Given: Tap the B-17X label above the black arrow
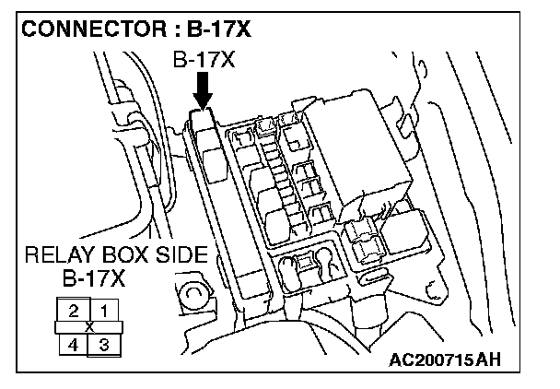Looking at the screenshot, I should (x=204, y=62).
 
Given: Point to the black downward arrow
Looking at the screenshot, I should (x=204, y=89).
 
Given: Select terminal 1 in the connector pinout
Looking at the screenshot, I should (x=105, y=311).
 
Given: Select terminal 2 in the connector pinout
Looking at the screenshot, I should (x=73, y=311).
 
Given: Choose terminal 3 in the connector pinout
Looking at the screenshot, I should (x=105, y=346).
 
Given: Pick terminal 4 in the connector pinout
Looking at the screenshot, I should (x=73, y=346).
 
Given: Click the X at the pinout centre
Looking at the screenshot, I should (x=89, y=327).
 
